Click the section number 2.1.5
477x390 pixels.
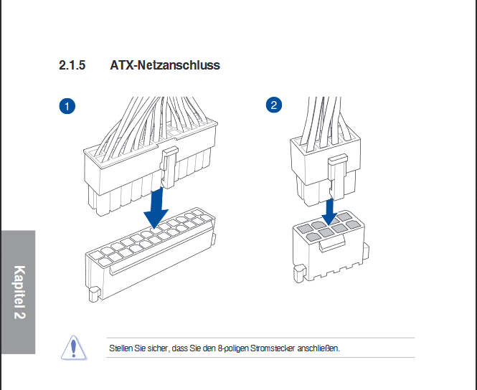click(72, 65)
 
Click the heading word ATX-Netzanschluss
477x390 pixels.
click(165, 65)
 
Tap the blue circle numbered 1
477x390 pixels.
click(67, 106)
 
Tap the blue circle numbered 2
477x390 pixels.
click(274, 105)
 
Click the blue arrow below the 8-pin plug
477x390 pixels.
click(329, 211)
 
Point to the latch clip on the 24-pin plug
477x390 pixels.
click(169, 167)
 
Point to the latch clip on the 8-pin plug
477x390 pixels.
click(338, 176)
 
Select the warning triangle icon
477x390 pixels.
click(74, 348)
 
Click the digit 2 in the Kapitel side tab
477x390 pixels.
click(19, 314)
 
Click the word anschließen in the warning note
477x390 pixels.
click(318, 348)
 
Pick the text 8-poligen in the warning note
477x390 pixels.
click(233, 348)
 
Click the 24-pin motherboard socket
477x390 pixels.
click(151, 255)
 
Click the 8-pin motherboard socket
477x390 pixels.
click(330, 246)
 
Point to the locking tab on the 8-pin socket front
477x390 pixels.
click(331, 244)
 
